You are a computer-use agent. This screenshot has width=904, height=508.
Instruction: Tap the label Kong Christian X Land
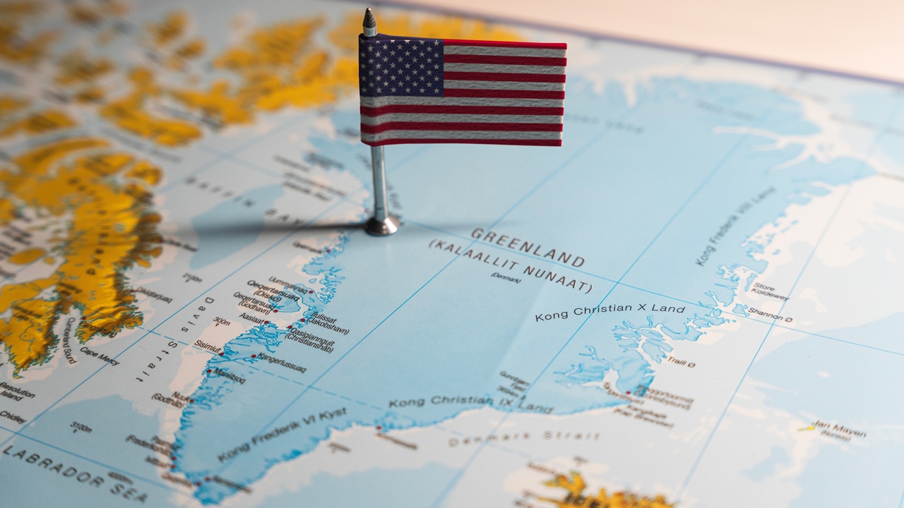point(609,311)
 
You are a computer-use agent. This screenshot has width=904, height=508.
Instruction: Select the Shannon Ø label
point(770,315)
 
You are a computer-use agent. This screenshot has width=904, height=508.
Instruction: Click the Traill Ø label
point(681,362)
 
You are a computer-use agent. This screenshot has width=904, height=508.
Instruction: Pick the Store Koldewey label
point(769,291)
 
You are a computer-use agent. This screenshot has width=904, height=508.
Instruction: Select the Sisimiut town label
point(208,346)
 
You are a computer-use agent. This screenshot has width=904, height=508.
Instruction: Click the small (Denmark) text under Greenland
point(506,277)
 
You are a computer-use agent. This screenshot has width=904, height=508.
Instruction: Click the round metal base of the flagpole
point(381,226)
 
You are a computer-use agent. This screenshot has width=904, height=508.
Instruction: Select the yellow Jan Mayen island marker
point(806,428)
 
